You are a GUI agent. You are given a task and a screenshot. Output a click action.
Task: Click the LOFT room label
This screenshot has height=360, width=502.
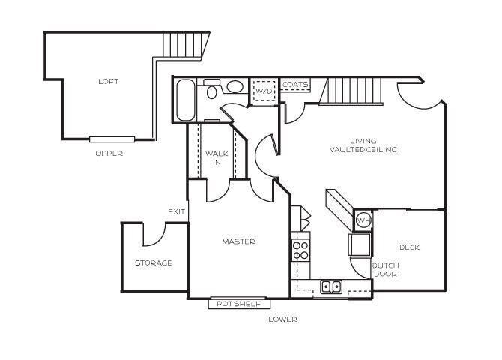click(108, 81)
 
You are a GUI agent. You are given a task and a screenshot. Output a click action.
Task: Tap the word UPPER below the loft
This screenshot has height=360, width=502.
click(109, 154)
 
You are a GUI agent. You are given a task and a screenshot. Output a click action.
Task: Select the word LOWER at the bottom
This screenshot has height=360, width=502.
click(283, 319)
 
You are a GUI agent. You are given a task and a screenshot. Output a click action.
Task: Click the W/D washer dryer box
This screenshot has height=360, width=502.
click(264, 91)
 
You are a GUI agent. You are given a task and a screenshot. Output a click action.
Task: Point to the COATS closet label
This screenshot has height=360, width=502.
click(295, 85)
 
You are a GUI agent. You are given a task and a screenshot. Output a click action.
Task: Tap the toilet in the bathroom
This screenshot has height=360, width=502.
click(212, 90)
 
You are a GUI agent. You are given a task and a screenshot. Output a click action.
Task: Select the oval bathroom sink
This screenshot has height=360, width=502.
click(235, 87)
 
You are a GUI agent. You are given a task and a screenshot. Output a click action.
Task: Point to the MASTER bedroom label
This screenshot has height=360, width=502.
click(238, 241)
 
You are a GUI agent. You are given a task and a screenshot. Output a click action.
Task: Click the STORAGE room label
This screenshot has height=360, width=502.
click(153, 262)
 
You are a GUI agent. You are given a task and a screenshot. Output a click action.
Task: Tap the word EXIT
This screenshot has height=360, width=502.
click(177, 211)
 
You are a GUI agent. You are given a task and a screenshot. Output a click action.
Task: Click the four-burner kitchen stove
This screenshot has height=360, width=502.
click(301, 248)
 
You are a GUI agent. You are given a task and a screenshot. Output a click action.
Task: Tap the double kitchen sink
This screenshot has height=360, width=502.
click(330, 286)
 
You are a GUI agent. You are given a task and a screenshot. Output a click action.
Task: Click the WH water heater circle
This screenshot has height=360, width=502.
click(363, 220)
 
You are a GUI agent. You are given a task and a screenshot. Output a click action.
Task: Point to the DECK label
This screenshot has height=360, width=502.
click(408, 247)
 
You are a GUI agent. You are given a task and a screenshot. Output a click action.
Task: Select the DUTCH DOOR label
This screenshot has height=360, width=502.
click(385, 269)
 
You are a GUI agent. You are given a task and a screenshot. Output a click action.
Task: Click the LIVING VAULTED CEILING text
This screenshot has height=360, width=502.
click(363, 145)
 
